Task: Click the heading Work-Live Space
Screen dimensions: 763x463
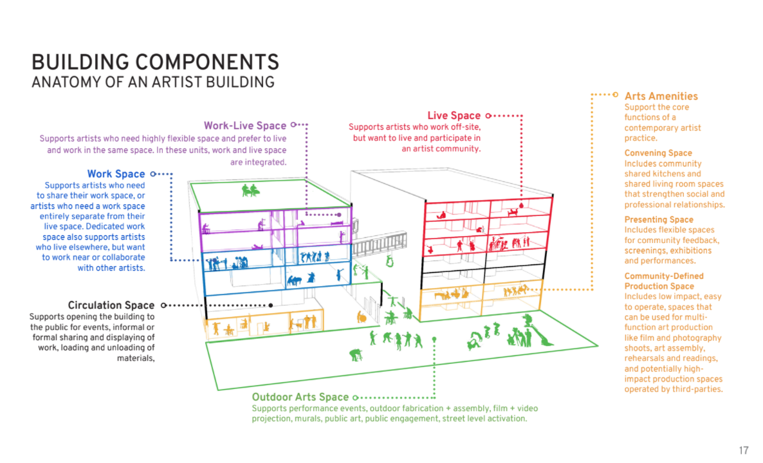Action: click(x=244, y=125)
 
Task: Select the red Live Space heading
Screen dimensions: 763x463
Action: click(x=454, y=116)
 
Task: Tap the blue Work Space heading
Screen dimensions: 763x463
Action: click(x=116, y=174)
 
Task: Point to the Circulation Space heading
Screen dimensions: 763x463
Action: click(x=111, y=305)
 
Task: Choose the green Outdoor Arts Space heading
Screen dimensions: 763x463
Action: click(x=300, y=397)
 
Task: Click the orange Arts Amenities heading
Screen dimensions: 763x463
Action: click(x=661, y=96)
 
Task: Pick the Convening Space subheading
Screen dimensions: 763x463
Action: click(x=658, y=152)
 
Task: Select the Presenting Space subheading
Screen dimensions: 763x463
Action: click(x=659, y=219)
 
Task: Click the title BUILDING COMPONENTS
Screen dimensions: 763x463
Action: click(x=155, y=62)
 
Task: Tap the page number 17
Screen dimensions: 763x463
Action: click(x=744, y=450)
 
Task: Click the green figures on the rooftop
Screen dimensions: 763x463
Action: click(x=250, y=190)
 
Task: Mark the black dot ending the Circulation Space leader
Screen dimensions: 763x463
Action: click(x=271, y=305)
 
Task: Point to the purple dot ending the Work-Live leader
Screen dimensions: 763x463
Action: click(x=339, y=215)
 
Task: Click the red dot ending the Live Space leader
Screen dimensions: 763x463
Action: click(x=521, y=206)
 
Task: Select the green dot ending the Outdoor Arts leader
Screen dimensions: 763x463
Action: click(x=434, y=339)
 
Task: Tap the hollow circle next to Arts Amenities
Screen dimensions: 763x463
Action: click(x=616, y=95)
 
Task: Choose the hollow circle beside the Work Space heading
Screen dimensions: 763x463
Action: click(x=153, y=174)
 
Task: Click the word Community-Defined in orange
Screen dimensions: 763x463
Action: click(x=664, y=276)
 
